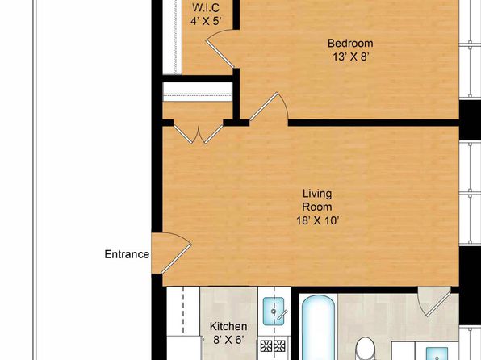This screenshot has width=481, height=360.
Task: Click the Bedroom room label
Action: pos(350,44)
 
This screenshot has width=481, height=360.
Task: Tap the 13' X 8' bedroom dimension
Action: pos(350,57)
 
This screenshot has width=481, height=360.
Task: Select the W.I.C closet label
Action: pos(206,8)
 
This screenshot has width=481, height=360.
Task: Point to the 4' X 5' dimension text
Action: pos(206,21)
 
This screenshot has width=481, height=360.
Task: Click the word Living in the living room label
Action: pos(317,194)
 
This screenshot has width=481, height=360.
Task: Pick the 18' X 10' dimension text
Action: pos(317,220)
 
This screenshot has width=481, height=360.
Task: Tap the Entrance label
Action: pos(127,254)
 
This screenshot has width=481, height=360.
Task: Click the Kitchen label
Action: pos(228,326)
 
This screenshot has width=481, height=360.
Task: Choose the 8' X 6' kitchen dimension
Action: pos(228,340)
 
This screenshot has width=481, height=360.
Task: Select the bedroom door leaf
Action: pos(264,107)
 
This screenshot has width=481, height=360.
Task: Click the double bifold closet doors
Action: pos(199,135)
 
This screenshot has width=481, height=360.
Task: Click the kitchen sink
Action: pos(274,312)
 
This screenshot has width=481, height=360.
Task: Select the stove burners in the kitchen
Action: pos(273,346)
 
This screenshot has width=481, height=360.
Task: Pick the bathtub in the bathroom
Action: pos(318,328)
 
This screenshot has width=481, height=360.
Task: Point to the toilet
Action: pos(366,349)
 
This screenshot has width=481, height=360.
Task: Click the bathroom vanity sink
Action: pos(437,354)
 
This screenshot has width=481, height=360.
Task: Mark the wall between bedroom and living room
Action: pos(373,123)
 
